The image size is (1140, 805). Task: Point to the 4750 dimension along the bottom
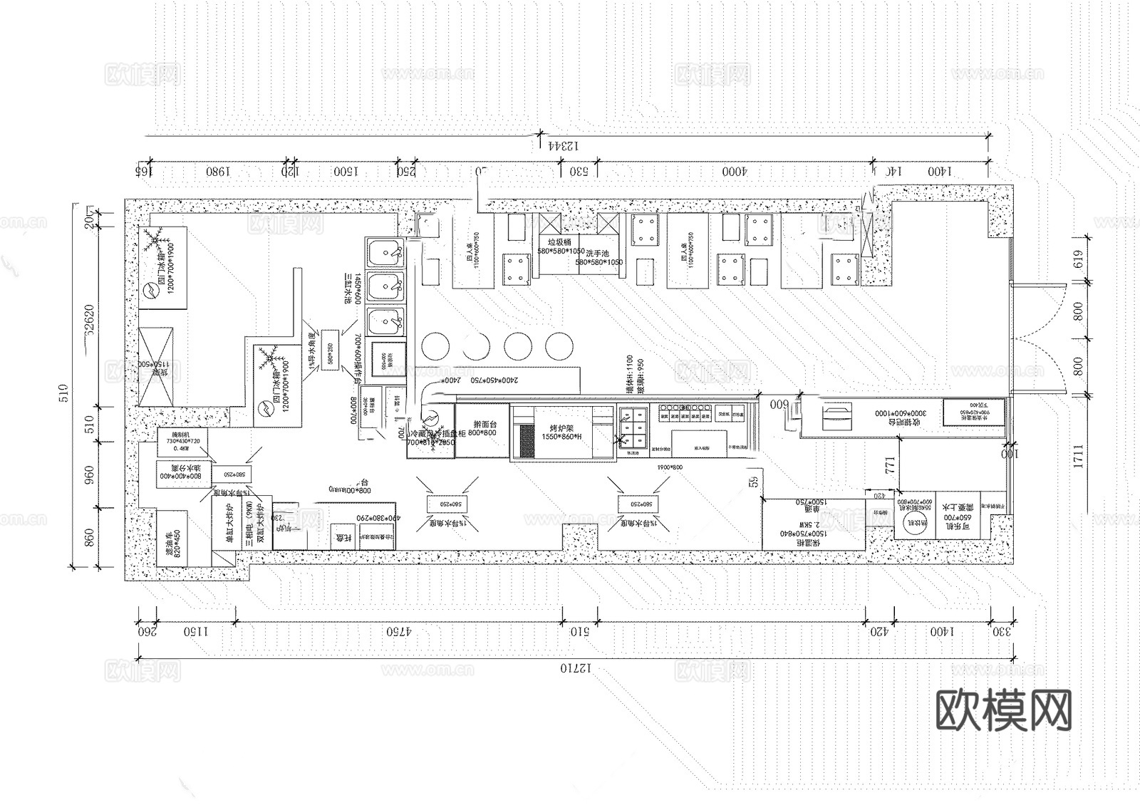pyautogui.click(x=399, y=631)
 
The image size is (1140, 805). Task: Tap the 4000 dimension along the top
pyautogui.click(x=734, y=172)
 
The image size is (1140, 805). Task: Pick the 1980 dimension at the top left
pyautogui.click(x=217, y=172)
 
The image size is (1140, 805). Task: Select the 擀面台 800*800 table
pyautogui.click(x=481, y=429)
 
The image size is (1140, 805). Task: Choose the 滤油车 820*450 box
pyautogui.click(x=172, y=538)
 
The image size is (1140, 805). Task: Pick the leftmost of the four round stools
pyautogui.click(x=435, y=346)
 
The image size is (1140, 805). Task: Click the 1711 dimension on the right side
pyautogui.click(x=1077, y=456)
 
